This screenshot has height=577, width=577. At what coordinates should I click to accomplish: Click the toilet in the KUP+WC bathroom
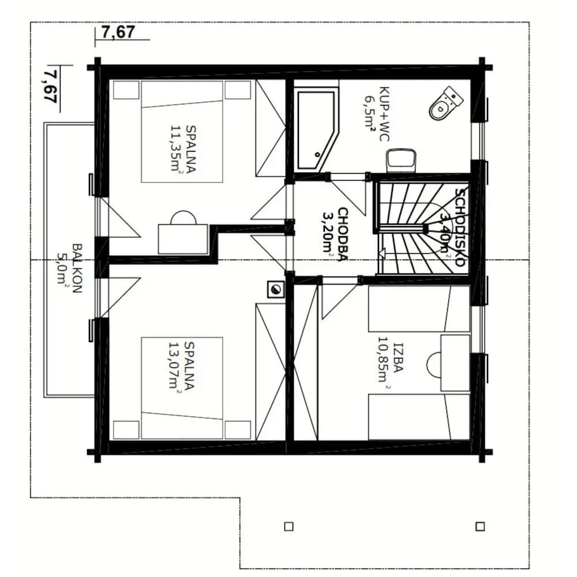coord(445,103)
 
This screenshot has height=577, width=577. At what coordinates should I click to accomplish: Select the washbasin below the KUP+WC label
coord(401,161)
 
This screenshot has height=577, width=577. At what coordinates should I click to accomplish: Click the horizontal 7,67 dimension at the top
coord(118,32)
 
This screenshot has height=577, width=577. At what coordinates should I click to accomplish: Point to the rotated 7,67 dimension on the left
coord(50,87)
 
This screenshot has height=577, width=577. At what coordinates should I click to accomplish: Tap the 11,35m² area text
coord(177,149)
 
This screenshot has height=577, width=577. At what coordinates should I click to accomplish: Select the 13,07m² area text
coord(175,366)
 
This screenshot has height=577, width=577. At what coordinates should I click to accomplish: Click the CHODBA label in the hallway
coord(343,234)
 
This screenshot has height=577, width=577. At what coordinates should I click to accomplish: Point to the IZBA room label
coord(398,358)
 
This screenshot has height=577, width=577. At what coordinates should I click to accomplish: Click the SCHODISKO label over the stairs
coord(460,227)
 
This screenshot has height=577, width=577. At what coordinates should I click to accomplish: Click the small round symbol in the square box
coord(276,289)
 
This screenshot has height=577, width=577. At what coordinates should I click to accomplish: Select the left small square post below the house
coord(289,527)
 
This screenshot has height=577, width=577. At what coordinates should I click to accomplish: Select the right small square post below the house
coord(480,526)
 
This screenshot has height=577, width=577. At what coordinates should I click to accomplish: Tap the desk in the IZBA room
coord(455,362)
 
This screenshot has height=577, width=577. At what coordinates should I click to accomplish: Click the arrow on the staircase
coord(381,253)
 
